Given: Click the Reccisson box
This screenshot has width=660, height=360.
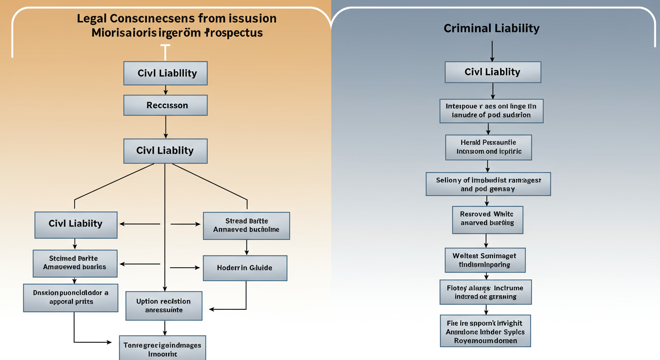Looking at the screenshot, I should coord(165,105).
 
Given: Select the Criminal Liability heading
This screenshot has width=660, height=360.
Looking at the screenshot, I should coord(491,29).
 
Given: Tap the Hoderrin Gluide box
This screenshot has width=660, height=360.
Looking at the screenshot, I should coord(245,268).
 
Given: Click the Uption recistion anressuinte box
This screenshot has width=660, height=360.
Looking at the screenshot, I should coord(164,306).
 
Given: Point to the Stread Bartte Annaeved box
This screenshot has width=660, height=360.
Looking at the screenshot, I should coord(246,225).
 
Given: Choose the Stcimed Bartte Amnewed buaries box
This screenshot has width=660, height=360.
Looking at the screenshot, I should coord(75,263).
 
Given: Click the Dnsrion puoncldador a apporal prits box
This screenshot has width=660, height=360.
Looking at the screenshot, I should coord(71,297).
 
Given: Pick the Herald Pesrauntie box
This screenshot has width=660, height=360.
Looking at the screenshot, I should coord(488,147).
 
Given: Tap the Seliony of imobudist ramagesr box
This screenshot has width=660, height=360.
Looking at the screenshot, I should coord(488,184).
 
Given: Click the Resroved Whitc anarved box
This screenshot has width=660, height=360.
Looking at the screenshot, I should coord(487,219).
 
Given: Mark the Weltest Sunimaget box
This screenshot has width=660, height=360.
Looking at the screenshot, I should coord(485,260).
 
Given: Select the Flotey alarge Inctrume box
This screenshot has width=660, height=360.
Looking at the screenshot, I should coord(486,292).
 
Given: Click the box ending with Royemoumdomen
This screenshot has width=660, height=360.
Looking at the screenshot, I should coord(485,331).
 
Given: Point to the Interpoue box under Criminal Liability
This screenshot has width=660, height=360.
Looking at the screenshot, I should coord(491,111).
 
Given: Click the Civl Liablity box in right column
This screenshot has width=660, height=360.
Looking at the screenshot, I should coord(492,72).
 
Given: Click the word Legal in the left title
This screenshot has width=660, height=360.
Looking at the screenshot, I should coord(92,19).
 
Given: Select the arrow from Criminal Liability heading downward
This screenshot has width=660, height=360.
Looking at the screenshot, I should coord(492,51).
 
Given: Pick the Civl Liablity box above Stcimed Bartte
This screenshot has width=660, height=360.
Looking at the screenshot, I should coord(75,224).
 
